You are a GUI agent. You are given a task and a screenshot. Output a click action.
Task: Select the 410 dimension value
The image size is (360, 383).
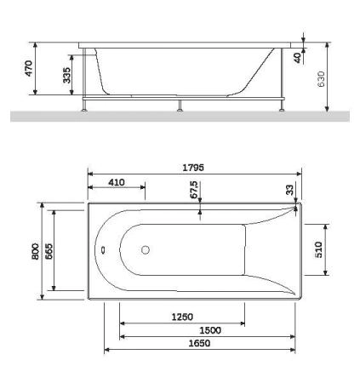pos(117,181)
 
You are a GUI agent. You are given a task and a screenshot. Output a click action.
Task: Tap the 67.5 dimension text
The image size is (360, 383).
pos(194,187)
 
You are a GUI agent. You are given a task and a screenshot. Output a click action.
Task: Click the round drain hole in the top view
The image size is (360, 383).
pos(145,250)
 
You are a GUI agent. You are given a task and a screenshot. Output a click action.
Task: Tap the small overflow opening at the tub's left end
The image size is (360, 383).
pos(101,251)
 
